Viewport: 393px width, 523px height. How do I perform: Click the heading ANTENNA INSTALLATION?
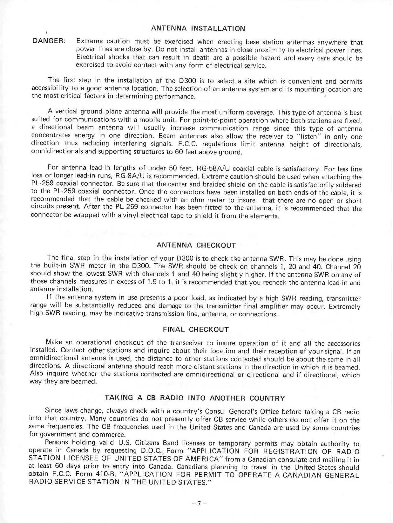point(198,29)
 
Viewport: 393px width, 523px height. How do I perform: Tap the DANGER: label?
point(49,41)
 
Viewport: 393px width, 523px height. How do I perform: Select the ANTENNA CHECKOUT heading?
point(196,245)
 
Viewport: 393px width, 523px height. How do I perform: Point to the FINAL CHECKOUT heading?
point(196,330)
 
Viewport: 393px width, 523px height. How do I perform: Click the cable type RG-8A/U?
point(129,176)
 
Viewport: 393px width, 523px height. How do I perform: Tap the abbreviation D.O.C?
point(152,451)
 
